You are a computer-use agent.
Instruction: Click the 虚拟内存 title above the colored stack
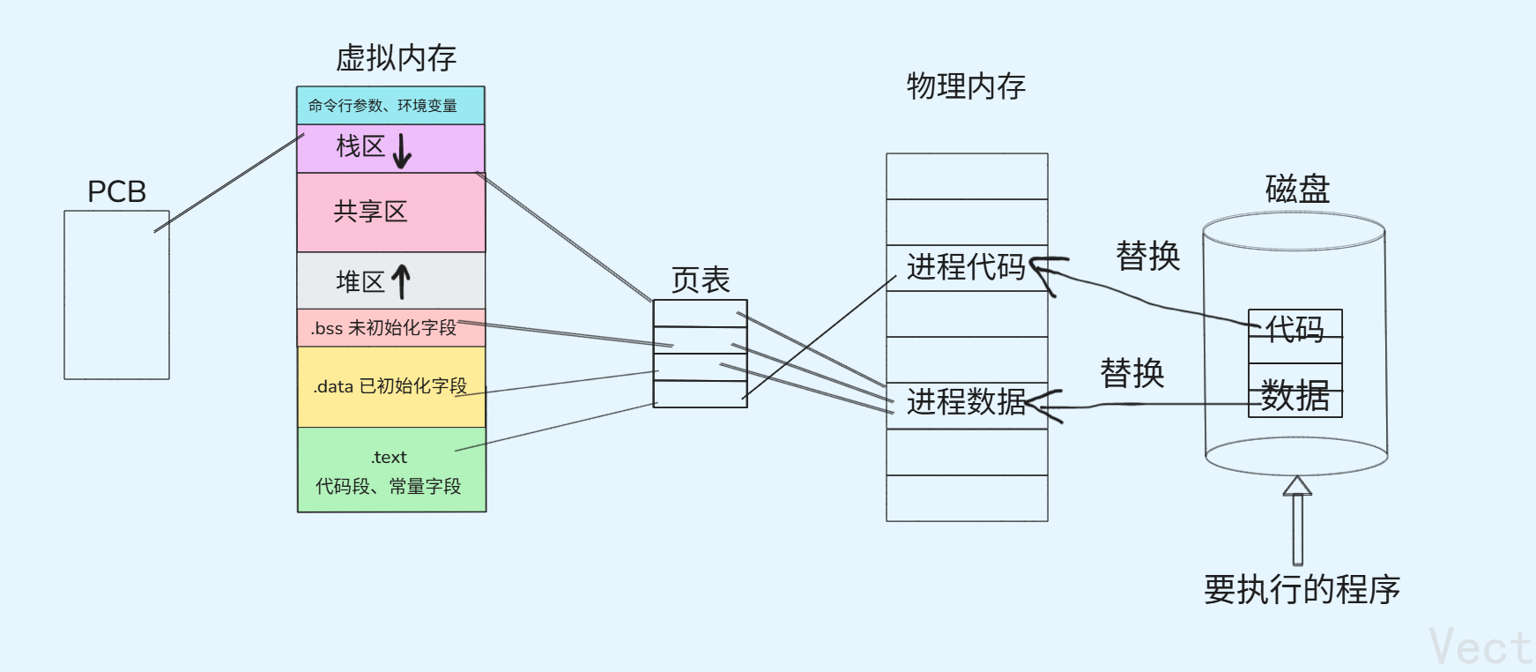tap(396, 58)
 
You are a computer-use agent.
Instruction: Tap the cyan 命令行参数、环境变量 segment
tap(382, 106)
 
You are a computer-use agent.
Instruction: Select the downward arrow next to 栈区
tap(402, 150)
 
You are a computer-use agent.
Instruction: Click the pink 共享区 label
tap(370, 212)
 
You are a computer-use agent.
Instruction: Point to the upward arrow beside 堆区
tap(401, 281)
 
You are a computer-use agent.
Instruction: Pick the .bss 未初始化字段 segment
tap(384, 328)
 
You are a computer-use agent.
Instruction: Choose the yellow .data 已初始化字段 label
tap(390, 386)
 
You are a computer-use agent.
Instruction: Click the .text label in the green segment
tap(389, 457)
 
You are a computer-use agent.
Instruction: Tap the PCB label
tap(116, 191)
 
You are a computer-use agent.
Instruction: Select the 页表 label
tap(701, 280)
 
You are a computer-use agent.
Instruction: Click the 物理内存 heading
tap(966, 86)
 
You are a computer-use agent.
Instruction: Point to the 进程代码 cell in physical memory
tap(966, 267)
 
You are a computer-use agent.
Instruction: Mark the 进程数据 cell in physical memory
tap(966, 402)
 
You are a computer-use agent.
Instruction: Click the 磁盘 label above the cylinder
tap(1297, 189)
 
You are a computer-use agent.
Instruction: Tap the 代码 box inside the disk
tap(1295, 328)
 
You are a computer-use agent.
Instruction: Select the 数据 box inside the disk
tap(1295, 396)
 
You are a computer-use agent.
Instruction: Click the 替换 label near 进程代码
tap(1147, 257)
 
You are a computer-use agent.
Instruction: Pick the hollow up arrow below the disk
tap(1297, 519)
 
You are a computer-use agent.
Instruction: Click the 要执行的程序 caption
tap(1302, 589)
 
